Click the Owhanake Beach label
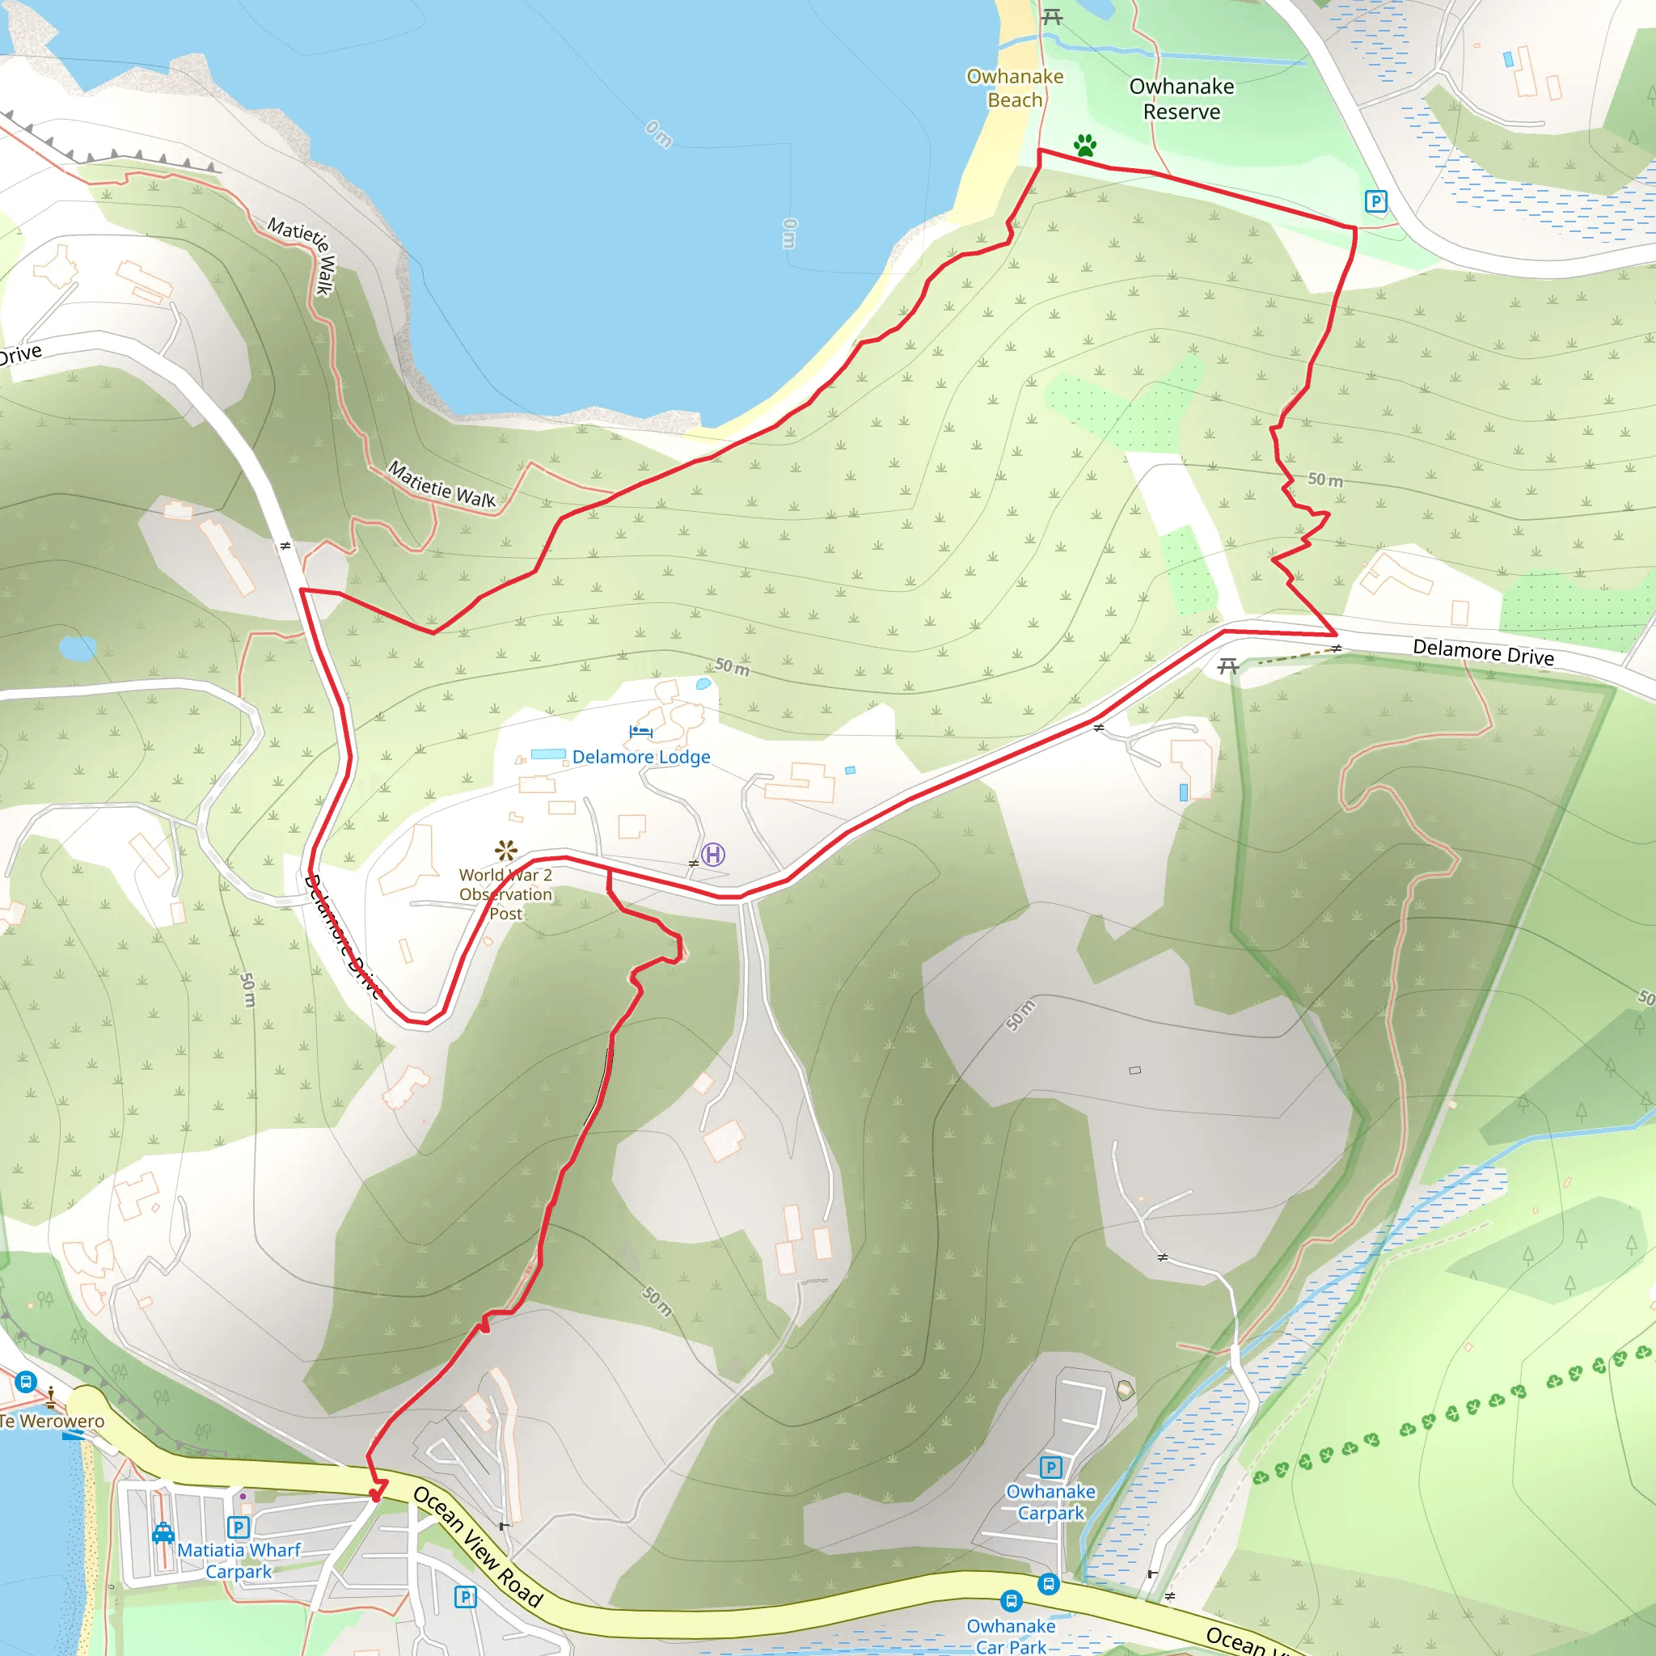click(x=1015, y=88)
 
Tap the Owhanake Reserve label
click(x=1181, y=99)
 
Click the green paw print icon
click(x=1085, y=145)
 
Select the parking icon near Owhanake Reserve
click(x=1375, y=201)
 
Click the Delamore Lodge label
click(x=641, y=757)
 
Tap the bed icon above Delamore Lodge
click(x=640, y=731)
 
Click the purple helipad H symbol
click(x=713, y=855)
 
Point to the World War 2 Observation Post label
click(x=505, y=894)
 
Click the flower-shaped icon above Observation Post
click(x=505, y=851)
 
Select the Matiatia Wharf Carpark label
click(x=239, y=1561)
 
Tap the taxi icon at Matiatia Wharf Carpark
click(x=163, y=1533)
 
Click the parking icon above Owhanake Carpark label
click(x=1051, y=1468)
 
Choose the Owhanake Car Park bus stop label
click(x=1012, y=1636)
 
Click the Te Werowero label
click(x=53, y=1422)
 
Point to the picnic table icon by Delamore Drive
click(x=1228, y=666)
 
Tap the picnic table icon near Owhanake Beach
click(x=1052, y=16)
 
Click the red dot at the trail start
click(x=374, y=1497)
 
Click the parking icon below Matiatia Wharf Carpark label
click(x=466, y=1597)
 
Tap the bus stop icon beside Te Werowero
click(x=26, y=1382)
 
